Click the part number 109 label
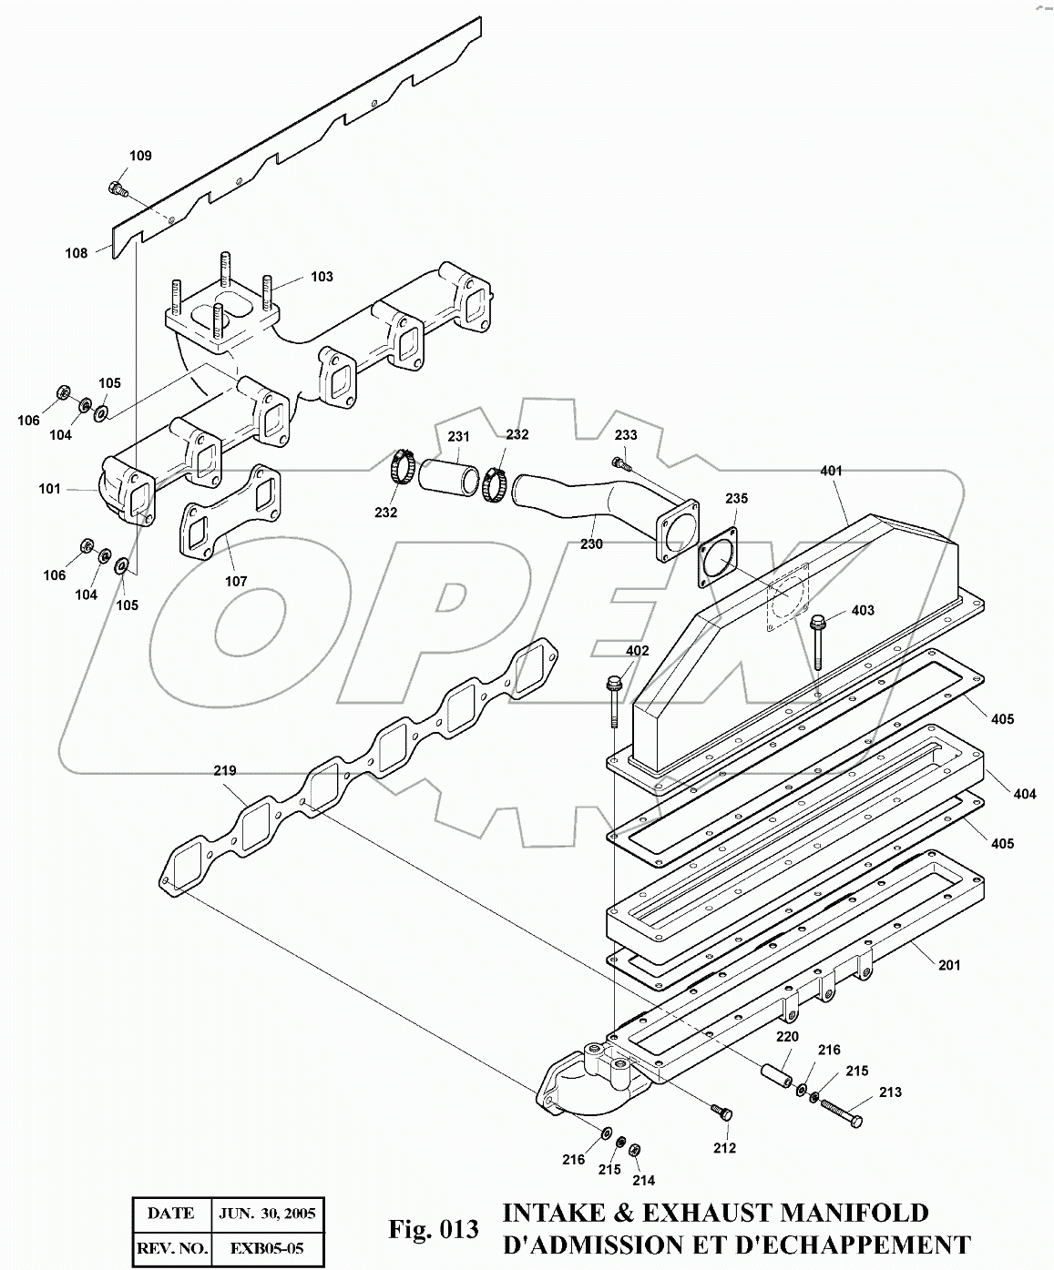tap(139, 156)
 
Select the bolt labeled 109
tap(115, 188)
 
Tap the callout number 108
tap(76, 253)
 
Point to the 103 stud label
tap(322, 277)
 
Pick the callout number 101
tap(49, 489)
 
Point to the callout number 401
tap(831, 471)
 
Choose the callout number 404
tap(1025, 794)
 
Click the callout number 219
tap(225, 770)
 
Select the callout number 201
tap(949, 965)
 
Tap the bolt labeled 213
tap(840, 1112)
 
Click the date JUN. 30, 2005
tap(268, 1213)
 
